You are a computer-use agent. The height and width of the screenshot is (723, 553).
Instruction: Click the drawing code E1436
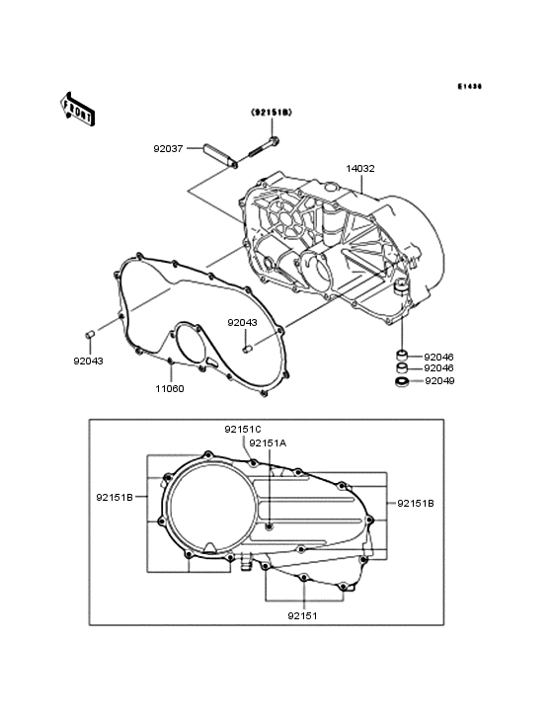tap(469, 87)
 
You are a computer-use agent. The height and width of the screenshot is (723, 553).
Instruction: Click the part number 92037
tap(168, 149)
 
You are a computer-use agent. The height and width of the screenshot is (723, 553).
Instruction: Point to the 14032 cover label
tap(359, 168)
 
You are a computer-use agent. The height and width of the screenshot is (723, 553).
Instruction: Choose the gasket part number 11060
tap(169, 388)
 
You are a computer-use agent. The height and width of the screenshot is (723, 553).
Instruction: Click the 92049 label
tap(439, 381)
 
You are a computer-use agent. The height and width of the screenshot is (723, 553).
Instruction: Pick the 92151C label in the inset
tap(242, 429)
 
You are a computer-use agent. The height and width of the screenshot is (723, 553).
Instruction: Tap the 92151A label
tap(268, 443)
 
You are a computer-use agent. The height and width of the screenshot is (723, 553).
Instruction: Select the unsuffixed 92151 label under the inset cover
tap(302, 615)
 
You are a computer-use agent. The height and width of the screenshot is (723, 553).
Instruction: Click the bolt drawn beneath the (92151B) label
tap(260, 149)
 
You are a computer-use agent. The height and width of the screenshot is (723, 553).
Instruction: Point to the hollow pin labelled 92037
tap(216, 155)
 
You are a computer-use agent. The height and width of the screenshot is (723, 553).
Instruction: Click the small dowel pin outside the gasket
tap(88, 337)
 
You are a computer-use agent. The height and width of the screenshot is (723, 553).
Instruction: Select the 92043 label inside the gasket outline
tap(242, 322)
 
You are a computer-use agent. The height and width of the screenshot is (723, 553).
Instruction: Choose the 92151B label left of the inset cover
tap(115, 498)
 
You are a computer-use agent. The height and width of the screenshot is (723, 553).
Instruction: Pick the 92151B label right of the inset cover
tap(415, 503)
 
